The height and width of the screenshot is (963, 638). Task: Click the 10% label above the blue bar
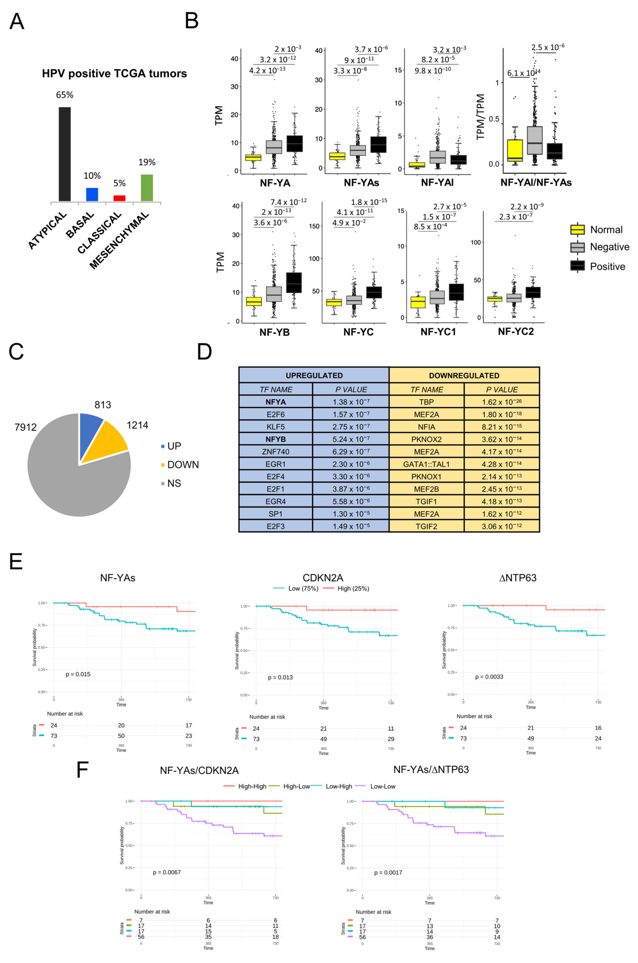tap(92, 176)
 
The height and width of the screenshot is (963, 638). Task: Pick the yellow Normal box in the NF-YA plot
tap(253, 158)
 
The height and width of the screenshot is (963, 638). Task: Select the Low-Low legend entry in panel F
tap(382, 786)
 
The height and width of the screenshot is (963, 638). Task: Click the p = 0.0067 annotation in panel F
tap(167, 872)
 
